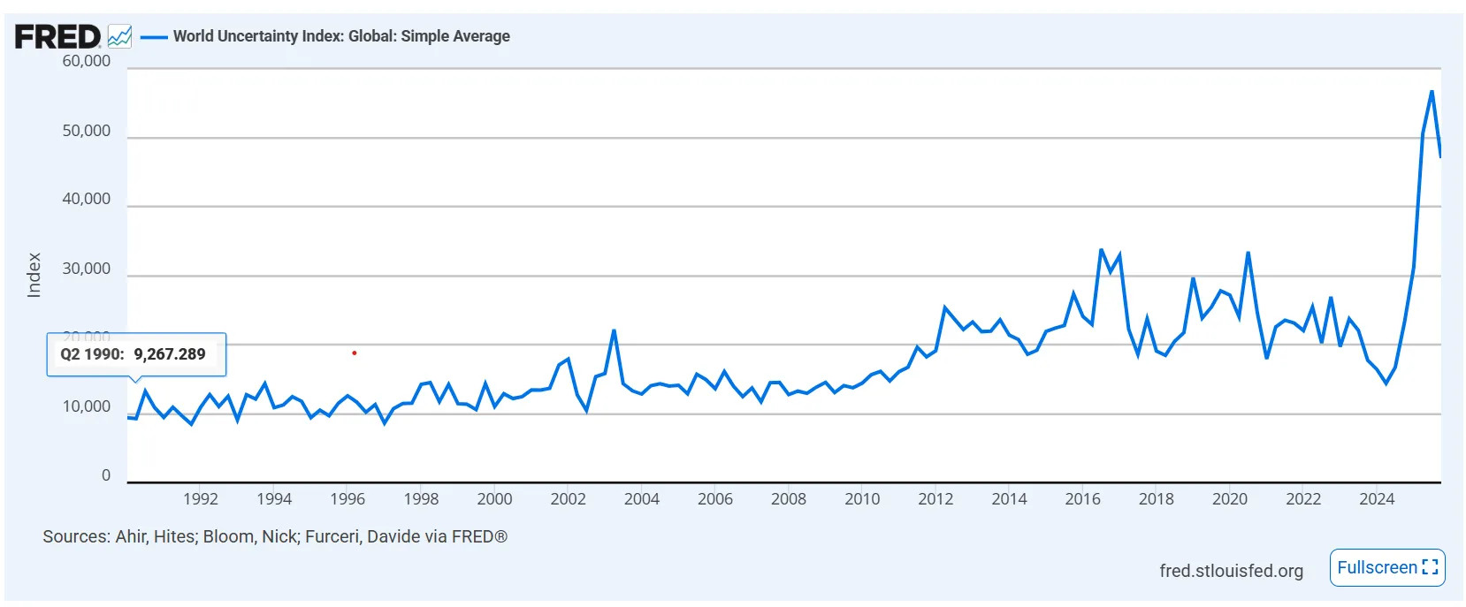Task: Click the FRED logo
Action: pyautogui.click(x=57, y=37)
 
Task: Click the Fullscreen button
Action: pyautogui.click(x=1386, y=567)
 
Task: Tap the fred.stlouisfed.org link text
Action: pyautogui.click(x=1231, y=571)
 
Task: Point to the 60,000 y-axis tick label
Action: pyautogui.click(x=87, y=61)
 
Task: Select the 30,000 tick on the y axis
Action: pyautogui.click(x=87, y=269)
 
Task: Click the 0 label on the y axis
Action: pyautogui.click(x=106, y=475)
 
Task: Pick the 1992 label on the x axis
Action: pyautogui.click(x=201, y=499)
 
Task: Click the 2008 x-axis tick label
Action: pyautogui.click(x=789, y=499)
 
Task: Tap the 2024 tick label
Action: pyautogui.click(x=1377, y=499)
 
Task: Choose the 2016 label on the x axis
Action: pyautogui.click(x=1082, y=499)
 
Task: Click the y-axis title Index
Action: pyautogui.click(x=34, y=275)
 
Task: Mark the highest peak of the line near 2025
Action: pyautogui.click(x=1432, y=91)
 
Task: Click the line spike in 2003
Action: pyautogui.click(x=614, y=331)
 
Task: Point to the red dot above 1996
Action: pyautogui.click(x=355, y=353)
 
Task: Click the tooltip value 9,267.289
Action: pyautogui.click(x=170, y=354)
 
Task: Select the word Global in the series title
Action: pyautogui.click(x=370, y=36)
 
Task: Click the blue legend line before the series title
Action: pyautogui.click(x=154, y=37)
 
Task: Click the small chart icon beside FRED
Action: pyautogui.click(x=119, y=36)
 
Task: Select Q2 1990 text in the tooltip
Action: pyautogui.click(x=91, y=354)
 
